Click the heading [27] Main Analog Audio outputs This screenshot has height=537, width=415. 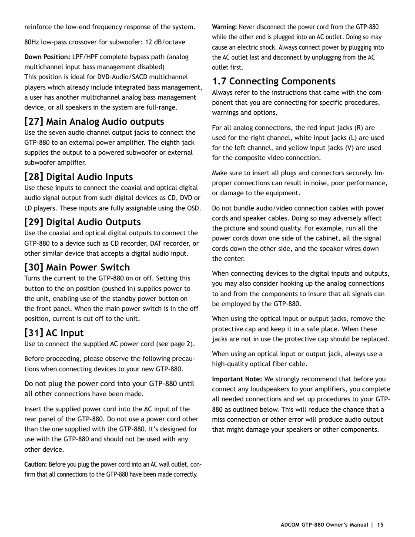click(94, 122)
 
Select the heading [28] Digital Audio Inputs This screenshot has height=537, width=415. click(78, 177)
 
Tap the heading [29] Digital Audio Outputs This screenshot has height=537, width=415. click(83, 222)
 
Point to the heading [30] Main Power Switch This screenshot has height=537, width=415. click(77, 267)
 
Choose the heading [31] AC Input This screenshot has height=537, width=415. click(54, 333)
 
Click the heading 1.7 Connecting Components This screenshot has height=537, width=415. click(274, 81)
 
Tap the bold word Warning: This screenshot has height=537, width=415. click(224, 27)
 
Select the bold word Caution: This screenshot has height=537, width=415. click(36, 464)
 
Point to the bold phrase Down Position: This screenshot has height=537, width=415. click(47, 57)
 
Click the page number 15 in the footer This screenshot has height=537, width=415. click(380, 525)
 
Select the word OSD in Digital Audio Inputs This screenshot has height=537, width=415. click(193, 208)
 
